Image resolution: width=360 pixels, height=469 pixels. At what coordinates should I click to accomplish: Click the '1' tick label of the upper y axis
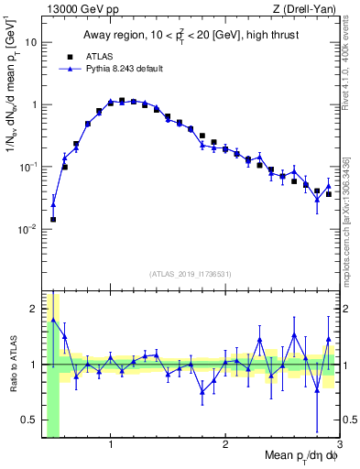(x=34, y=104)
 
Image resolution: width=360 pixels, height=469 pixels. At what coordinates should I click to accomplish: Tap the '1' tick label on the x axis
(x=111, y=447)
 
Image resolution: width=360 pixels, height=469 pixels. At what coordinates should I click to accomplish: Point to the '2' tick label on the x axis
(x=225, y=447)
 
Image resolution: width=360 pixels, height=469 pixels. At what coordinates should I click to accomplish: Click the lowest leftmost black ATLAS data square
(x=53, y=220)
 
